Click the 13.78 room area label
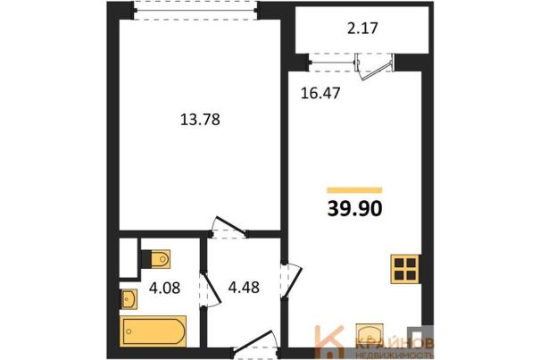(200, 120)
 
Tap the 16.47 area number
(320, 93)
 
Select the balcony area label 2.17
(362, 29)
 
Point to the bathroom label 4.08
(164, 288)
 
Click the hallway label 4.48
(244, 288)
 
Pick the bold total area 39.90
(354, 209)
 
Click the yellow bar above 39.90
(354, 190)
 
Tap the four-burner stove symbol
(405, 269)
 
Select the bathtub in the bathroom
(154, 331)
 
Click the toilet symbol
(155, 259)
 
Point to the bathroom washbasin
(129, 299)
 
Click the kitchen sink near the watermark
(370, 333)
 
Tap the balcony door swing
(375, 67)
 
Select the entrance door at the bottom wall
(255, 344)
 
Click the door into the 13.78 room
(228, 227)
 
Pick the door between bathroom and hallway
(210, 289)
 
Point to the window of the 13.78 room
(195, 11)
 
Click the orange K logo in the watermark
(329, 341)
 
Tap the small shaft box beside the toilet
(129, 257)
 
